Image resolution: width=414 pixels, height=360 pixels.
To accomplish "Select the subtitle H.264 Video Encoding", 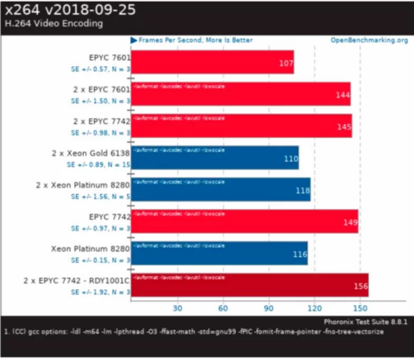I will coord(54,24).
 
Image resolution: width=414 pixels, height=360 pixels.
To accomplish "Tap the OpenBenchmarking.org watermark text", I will coord(369,41).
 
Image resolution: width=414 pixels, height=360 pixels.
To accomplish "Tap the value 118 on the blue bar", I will coord(302,190).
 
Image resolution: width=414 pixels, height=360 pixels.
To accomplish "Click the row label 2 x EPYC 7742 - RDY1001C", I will coord(77,280).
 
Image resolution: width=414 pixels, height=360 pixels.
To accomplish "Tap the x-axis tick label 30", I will coord(178,308).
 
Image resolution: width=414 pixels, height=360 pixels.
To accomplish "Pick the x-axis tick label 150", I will coord(360,308).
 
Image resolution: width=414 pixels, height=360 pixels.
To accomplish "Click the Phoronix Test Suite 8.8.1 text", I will coord(366,322).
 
